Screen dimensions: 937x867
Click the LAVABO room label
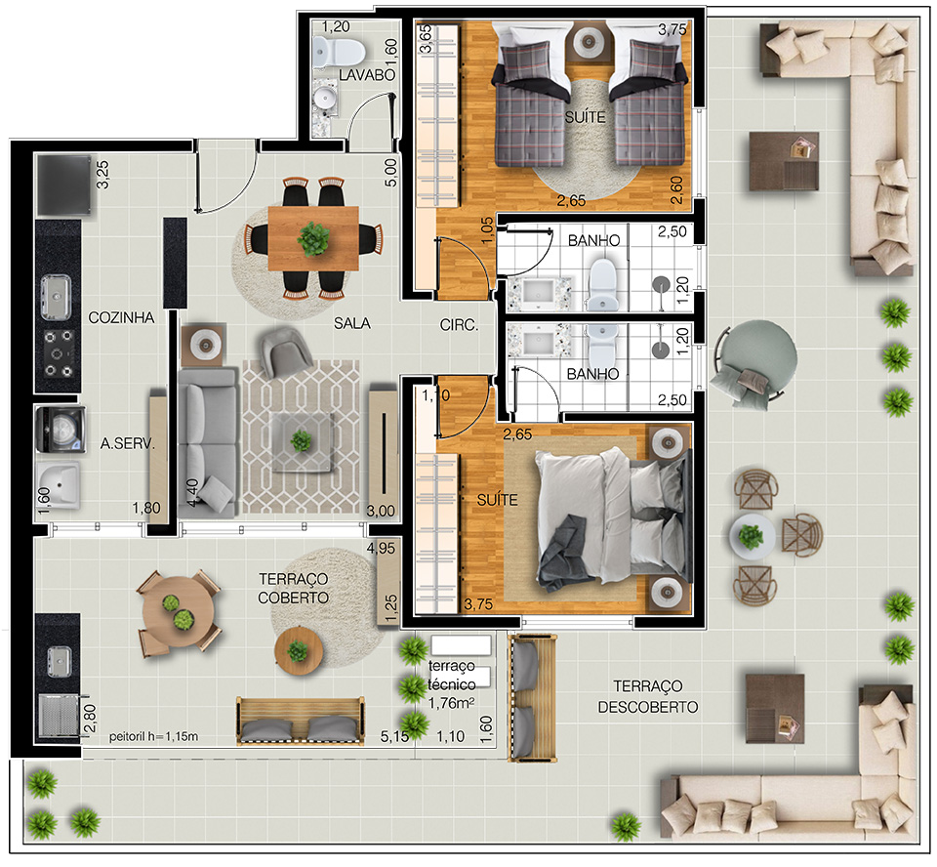367,75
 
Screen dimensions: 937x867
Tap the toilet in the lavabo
339,52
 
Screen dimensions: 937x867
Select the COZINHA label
121,317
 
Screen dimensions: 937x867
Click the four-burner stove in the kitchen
60,353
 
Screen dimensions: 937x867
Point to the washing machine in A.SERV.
61,429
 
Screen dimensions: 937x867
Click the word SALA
352,323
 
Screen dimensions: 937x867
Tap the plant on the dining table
313,239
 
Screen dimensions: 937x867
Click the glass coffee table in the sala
302,442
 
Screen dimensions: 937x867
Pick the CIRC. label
459,325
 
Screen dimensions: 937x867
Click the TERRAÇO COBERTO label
294,589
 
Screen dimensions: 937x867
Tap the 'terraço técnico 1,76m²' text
452,684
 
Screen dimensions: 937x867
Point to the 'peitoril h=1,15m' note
153,736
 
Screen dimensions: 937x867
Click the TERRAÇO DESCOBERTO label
648,696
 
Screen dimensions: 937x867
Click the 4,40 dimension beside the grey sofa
192,493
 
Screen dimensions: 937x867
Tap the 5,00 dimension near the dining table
390,172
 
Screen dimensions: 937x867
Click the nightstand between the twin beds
590,41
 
